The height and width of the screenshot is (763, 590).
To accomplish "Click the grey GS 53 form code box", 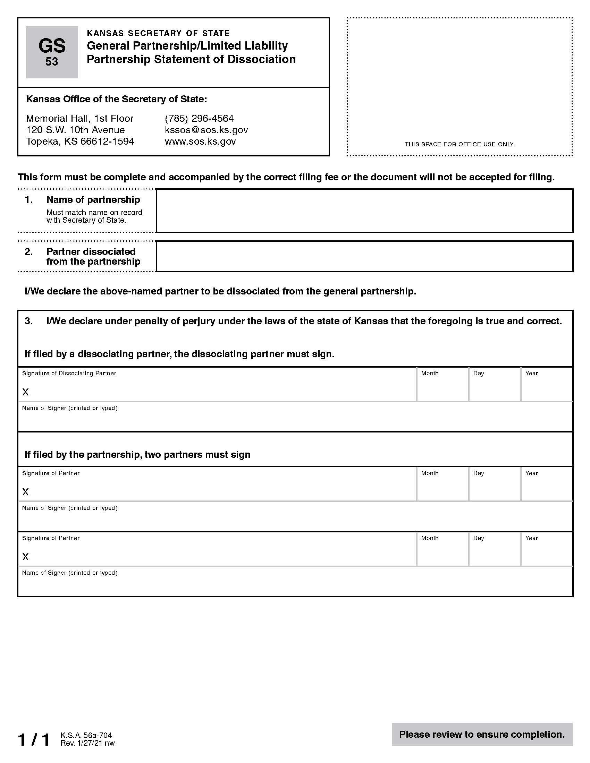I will pos(52,52).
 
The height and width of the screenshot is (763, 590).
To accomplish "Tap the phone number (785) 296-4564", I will pos(199,118).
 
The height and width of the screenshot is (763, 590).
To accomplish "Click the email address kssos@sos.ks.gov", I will pos(206,130).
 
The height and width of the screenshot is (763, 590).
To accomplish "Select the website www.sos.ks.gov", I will pos(200,142).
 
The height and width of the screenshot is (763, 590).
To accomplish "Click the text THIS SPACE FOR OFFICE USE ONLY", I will pos(460,144).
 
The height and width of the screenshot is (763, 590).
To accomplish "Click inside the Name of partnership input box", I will pos(364,211).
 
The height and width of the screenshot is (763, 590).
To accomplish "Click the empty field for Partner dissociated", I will pos(364,256).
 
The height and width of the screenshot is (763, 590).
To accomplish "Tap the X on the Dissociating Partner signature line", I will pos(26,392).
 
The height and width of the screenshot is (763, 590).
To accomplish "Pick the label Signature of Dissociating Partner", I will pos(69,374).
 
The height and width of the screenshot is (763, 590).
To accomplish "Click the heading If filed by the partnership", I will pos(137,455).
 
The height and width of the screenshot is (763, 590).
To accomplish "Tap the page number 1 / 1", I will pos(34,740).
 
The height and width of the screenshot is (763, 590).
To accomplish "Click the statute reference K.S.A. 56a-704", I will pos(86,735).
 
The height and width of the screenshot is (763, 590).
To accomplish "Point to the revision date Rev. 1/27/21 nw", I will pos(87,743).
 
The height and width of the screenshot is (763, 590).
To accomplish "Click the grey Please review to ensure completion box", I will pos(482,734).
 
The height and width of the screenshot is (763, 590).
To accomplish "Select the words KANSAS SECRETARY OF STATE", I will pos(158,33).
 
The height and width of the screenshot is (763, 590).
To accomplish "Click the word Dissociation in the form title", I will pos(261,59).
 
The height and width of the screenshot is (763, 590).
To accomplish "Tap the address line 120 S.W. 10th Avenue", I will pos(76,130).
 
